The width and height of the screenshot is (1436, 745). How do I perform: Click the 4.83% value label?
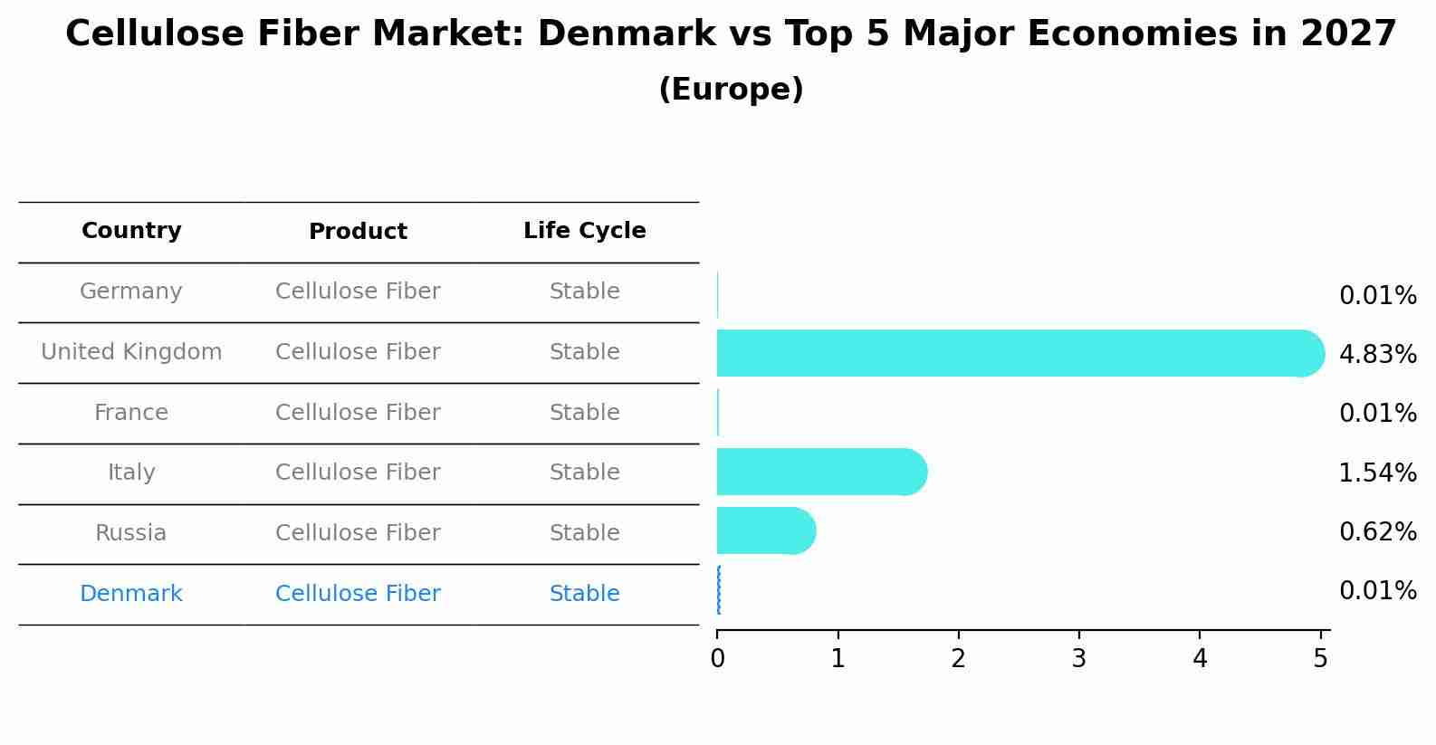(x=1377, y=355)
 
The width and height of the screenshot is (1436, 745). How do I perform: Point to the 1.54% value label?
(x=1377, y=473)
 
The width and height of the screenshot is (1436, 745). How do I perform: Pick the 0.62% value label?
(x=1377, y=532)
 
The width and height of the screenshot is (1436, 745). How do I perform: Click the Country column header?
(x=131, y=231)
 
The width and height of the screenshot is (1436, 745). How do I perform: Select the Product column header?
(x=358, y=232)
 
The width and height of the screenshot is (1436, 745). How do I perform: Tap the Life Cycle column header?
(x=584, y=231)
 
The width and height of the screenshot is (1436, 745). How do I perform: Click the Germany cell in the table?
(x=131, y=291)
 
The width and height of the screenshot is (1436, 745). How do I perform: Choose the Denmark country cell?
(x=131, y=594)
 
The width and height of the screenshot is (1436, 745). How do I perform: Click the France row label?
(x=131, y=413)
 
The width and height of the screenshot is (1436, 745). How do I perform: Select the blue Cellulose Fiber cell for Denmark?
(x=358, y=594)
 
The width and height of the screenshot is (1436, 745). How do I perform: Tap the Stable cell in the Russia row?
(x=584, y=533)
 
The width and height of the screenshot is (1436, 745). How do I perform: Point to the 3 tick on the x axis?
(x=1078, y=659)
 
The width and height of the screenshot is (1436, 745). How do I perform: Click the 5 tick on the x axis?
(x=1320, y=659)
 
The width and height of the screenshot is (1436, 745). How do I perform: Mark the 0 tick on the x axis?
(x=717, y=659)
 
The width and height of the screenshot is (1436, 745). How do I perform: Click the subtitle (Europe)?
(x=731, y=90)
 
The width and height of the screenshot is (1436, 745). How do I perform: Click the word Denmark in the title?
(x=627, y=34)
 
